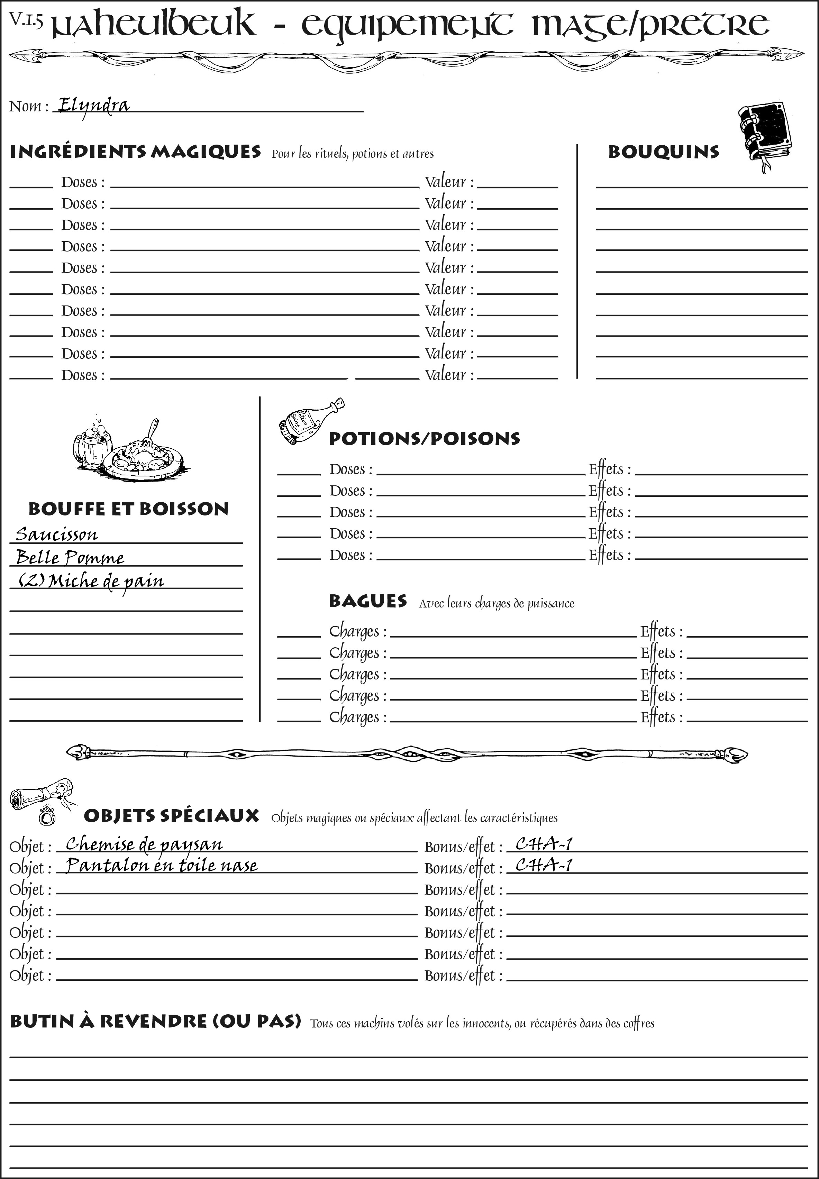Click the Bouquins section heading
click(664, 152)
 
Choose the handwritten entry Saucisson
click(56, 534)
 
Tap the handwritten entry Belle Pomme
click(70, 558)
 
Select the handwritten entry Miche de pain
click(91, 581)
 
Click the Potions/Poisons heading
click(424, 439)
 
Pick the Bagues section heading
click(367, 601)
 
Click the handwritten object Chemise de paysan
click(144, 844)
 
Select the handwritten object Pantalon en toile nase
click(162, 866)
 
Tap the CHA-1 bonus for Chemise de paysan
click(544, 844)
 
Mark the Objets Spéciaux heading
click(171, 816)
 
